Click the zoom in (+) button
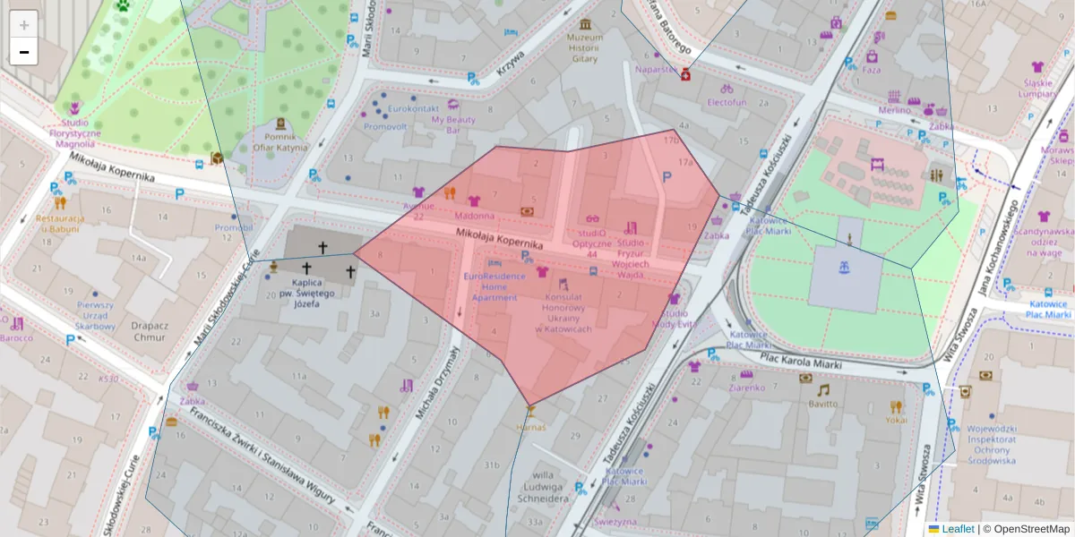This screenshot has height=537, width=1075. [24, 24]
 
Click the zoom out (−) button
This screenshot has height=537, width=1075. [24, 52]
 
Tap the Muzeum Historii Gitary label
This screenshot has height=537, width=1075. [585, 48]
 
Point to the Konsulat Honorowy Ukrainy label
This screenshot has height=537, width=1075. [563, 313]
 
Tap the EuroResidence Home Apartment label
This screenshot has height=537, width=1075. [494, 286]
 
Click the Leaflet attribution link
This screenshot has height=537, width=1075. [957, 529]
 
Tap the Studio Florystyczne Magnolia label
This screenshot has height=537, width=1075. [75, 132]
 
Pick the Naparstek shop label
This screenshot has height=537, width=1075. [656, 69]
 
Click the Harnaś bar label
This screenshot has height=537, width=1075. [531, 427]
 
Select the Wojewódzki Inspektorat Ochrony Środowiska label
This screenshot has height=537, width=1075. [991, 445]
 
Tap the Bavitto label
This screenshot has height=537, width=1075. [822, 404]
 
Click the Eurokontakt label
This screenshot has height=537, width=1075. [390, 109]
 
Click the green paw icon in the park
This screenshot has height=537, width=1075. [122, 5]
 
